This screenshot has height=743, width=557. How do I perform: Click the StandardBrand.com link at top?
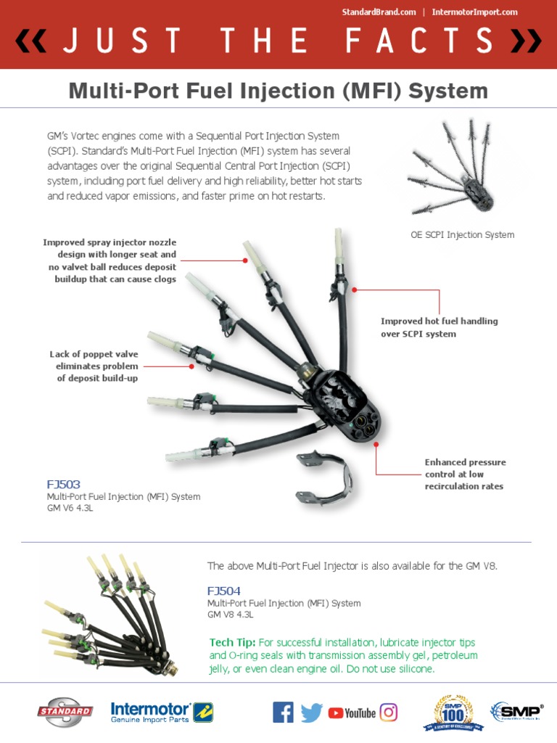[x=379, y=12]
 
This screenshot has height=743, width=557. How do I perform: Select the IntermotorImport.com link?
[x=474, y=12]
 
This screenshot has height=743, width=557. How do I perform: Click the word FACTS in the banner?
[x=420, y=43]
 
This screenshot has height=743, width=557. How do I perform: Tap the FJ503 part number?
[x=64, y=484]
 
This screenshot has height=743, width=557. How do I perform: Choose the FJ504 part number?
[x=224, y=590]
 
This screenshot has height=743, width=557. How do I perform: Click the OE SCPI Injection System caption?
[x=462, y=235]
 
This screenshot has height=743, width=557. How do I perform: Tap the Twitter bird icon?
[x=312, y=713]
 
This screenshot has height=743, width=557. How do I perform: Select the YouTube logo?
[x=352, y=713]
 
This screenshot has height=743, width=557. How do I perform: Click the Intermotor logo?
[x=160, y=712]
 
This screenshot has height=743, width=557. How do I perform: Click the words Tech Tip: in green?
[x=232, y=643]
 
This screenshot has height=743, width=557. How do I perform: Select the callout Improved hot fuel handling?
[x=440, y=327]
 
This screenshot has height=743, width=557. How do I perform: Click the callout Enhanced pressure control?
[x=465, y=474]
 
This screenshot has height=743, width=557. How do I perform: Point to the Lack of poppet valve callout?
[x=94, y=366]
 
